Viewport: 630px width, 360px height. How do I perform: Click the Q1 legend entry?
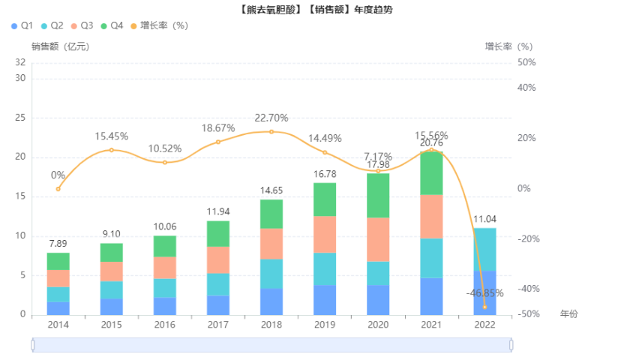tap(22, 25)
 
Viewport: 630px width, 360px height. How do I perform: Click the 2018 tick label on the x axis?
tap(271, 325)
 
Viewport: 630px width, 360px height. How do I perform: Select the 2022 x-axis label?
tap(484, 325)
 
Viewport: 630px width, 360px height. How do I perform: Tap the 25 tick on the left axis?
tap(19, 118)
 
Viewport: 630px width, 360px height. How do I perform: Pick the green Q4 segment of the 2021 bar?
tap(431, 173)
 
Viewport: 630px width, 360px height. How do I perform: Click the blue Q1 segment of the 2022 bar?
tap(484, 292)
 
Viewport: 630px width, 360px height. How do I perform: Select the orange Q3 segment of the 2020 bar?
tap(378, 239)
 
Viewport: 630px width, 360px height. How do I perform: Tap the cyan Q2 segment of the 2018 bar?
tap(271, 274)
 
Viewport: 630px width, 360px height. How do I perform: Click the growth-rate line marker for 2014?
tap(58, 189)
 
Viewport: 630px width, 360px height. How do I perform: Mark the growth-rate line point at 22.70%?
tap(271, 132)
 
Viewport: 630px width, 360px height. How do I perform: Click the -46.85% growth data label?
tap(484, 293)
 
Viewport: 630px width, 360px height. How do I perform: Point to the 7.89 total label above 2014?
tap(58, 244)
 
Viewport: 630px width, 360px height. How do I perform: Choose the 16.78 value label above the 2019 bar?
tap(325, 174)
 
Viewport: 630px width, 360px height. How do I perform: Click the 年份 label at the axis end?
tap(568, 313)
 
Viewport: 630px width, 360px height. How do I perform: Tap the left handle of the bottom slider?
tap(33, 345)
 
